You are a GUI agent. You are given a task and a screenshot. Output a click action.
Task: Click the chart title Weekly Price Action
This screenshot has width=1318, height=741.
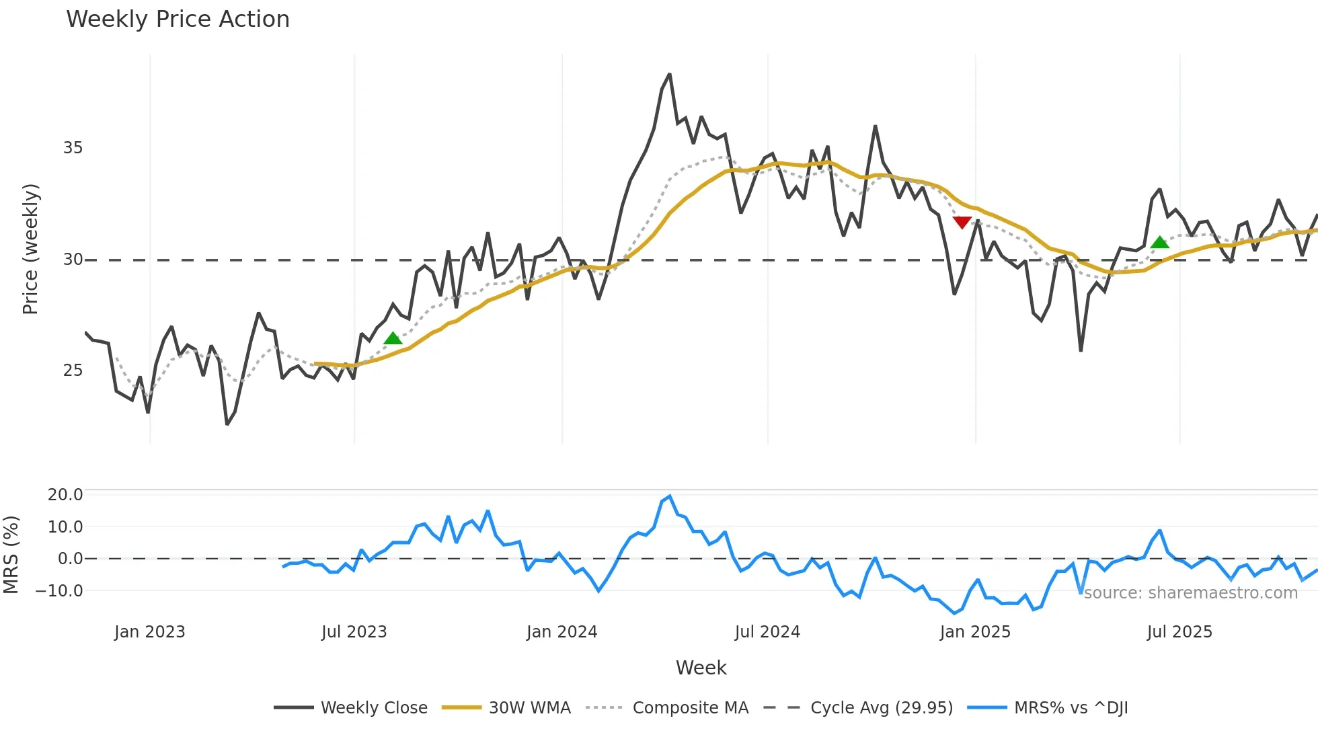[x=178, y=19]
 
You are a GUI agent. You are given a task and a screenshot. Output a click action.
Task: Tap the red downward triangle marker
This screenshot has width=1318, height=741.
[x=962, y=223]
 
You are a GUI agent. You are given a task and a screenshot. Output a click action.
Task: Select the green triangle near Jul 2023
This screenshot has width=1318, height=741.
[x=393, y=338]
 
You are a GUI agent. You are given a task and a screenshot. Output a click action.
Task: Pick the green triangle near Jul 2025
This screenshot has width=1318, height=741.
[x=1159, y=243]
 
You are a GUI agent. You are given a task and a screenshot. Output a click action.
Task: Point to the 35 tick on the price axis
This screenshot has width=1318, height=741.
[x=73, y=148]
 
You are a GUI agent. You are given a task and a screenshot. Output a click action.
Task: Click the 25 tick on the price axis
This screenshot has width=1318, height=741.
[x=73, y=370]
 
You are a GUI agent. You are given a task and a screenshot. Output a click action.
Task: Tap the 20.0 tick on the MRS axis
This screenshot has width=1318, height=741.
[x=65, y=495]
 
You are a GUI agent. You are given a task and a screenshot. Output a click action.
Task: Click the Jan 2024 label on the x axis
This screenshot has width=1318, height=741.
[x=561, y=632]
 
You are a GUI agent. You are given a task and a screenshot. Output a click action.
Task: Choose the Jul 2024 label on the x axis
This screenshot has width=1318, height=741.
[x=767, y=632]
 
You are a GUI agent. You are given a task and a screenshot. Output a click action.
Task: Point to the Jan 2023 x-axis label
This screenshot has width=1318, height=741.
[x=149, y=632]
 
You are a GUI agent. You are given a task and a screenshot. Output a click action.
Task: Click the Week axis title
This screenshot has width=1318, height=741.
[x=701, y=668]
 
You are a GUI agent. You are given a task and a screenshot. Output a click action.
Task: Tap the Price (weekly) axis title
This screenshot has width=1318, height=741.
[x=30, y=249]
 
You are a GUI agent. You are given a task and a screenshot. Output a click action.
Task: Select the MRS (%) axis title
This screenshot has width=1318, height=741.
[x=11, y=555]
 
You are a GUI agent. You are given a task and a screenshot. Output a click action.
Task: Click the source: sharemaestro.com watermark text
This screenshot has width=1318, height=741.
[x=1190, y=593]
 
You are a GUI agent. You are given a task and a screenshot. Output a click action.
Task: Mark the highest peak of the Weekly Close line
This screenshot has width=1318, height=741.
[x=669, y=75]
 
